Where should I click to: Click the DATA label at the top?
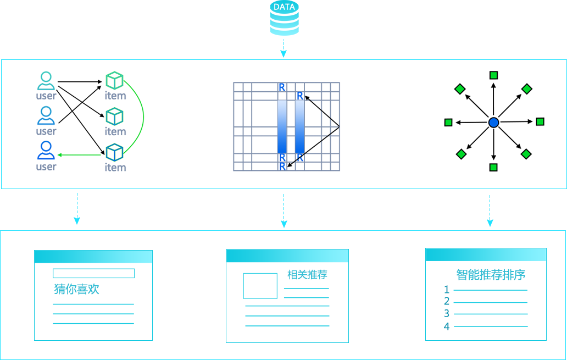click(x=284, y=7)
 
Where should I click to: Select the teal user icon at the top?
click(x=46, y=81)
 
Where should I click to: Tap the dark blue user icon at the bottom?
click(x=46, y=151)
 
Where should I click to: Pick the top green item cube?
click(x=114, y=81)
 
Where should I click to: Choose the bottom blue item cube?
click(x=114, y=152)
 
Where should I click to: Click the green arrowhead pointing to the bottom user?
click(x=59, y=155)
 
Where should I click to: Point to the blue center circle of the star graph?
click(x=493, y=123)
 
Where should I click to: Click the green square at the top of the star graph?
click(x=493, y=75)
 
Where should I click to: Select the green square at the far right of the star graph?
click(x=540, y=121)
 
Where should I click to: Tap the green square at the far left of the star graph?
click(x=448, y=123)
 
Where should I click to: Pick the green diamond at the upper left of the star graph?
click(x=460, y=89)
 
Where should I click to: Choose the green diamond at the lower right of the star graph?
click(x=526, y=154)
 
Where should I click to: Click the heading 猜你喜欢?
click(x=77, y=289)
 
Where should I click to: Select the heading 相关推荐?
click(x=307, y=275)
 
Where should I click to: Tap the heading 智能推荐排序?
click(x=491, y=275)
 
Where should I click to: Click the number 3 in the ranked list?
click(x=447, y=314)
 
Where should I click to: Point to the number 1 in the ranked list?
click(x=447, y=290)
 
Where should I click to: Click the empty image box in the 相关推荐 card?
click(x=260, y=286)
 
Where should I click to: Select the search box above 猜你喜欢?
click(x=93, y=273)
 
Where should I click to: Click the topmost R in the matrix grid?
click(x=282, y=87)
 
